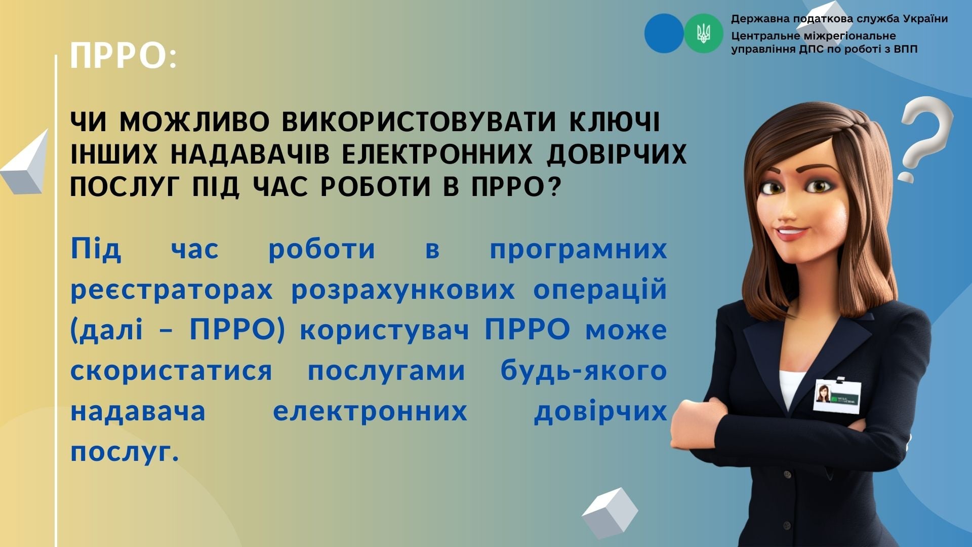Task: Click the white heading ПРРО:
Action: [124, 56]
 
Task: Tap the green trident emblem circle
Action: [703, 33]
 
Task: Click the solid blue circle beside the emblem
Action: [664, 33]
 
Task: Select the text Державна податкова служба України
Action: [839, 19]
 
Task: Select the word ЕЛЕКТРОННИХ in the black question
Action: [437, 155]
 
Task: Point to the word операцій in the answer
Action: [600, 290]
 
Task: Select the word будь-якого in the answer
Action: [584, 371]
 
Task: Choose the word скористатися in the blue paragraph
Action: [171, 371]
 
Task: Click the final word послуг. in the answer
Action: [125, 452]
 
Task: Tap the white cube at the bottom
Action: [610, 513]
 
